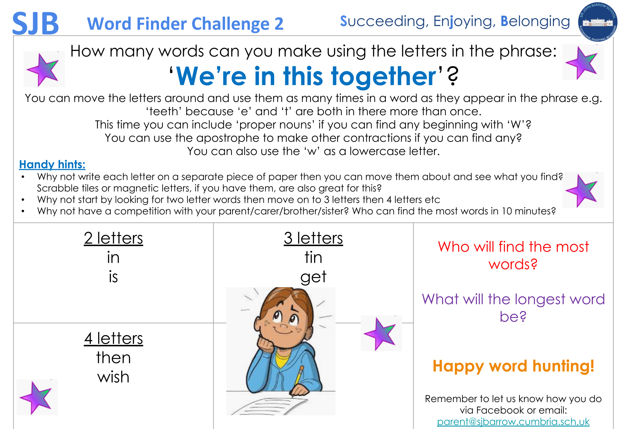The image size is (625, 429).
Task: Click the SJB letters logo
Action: [x=35, y=23]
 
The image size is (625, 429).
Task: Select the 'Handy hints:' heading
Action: [x=52, y=164]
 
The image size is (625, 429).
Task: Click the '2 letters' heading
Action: [x=113, y=238]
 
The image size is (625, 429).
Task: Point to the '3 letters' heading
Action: [x=313, y=238]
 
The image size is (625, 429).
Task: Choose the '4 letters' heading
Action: [x=113, y=338]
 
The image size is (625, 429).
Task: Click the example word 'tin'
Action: [x=313, y=257]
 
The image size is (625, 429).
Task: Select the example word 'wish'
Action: [x=113, y=377]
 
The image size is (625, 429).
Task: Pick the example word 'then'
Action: [x=113, y=358]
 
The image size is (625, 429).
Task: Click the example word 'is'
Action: [x=113, y=277]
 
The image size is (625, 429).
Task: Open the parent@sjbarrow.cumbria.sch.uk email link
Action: [x=513, y=422]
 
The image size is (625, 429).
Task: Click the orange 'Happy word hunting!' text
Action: [x=513, y=366]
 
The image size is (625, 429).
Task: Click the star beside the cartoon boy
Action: [x=381, y=333]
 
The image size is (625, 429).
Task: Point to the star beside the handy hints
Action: [x=583, y=190]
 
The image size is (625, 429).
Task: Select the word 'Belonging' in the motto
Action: [x=535, y=21]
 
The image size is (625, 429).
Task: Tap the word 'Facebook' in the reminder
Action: [x=498, y=410]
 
